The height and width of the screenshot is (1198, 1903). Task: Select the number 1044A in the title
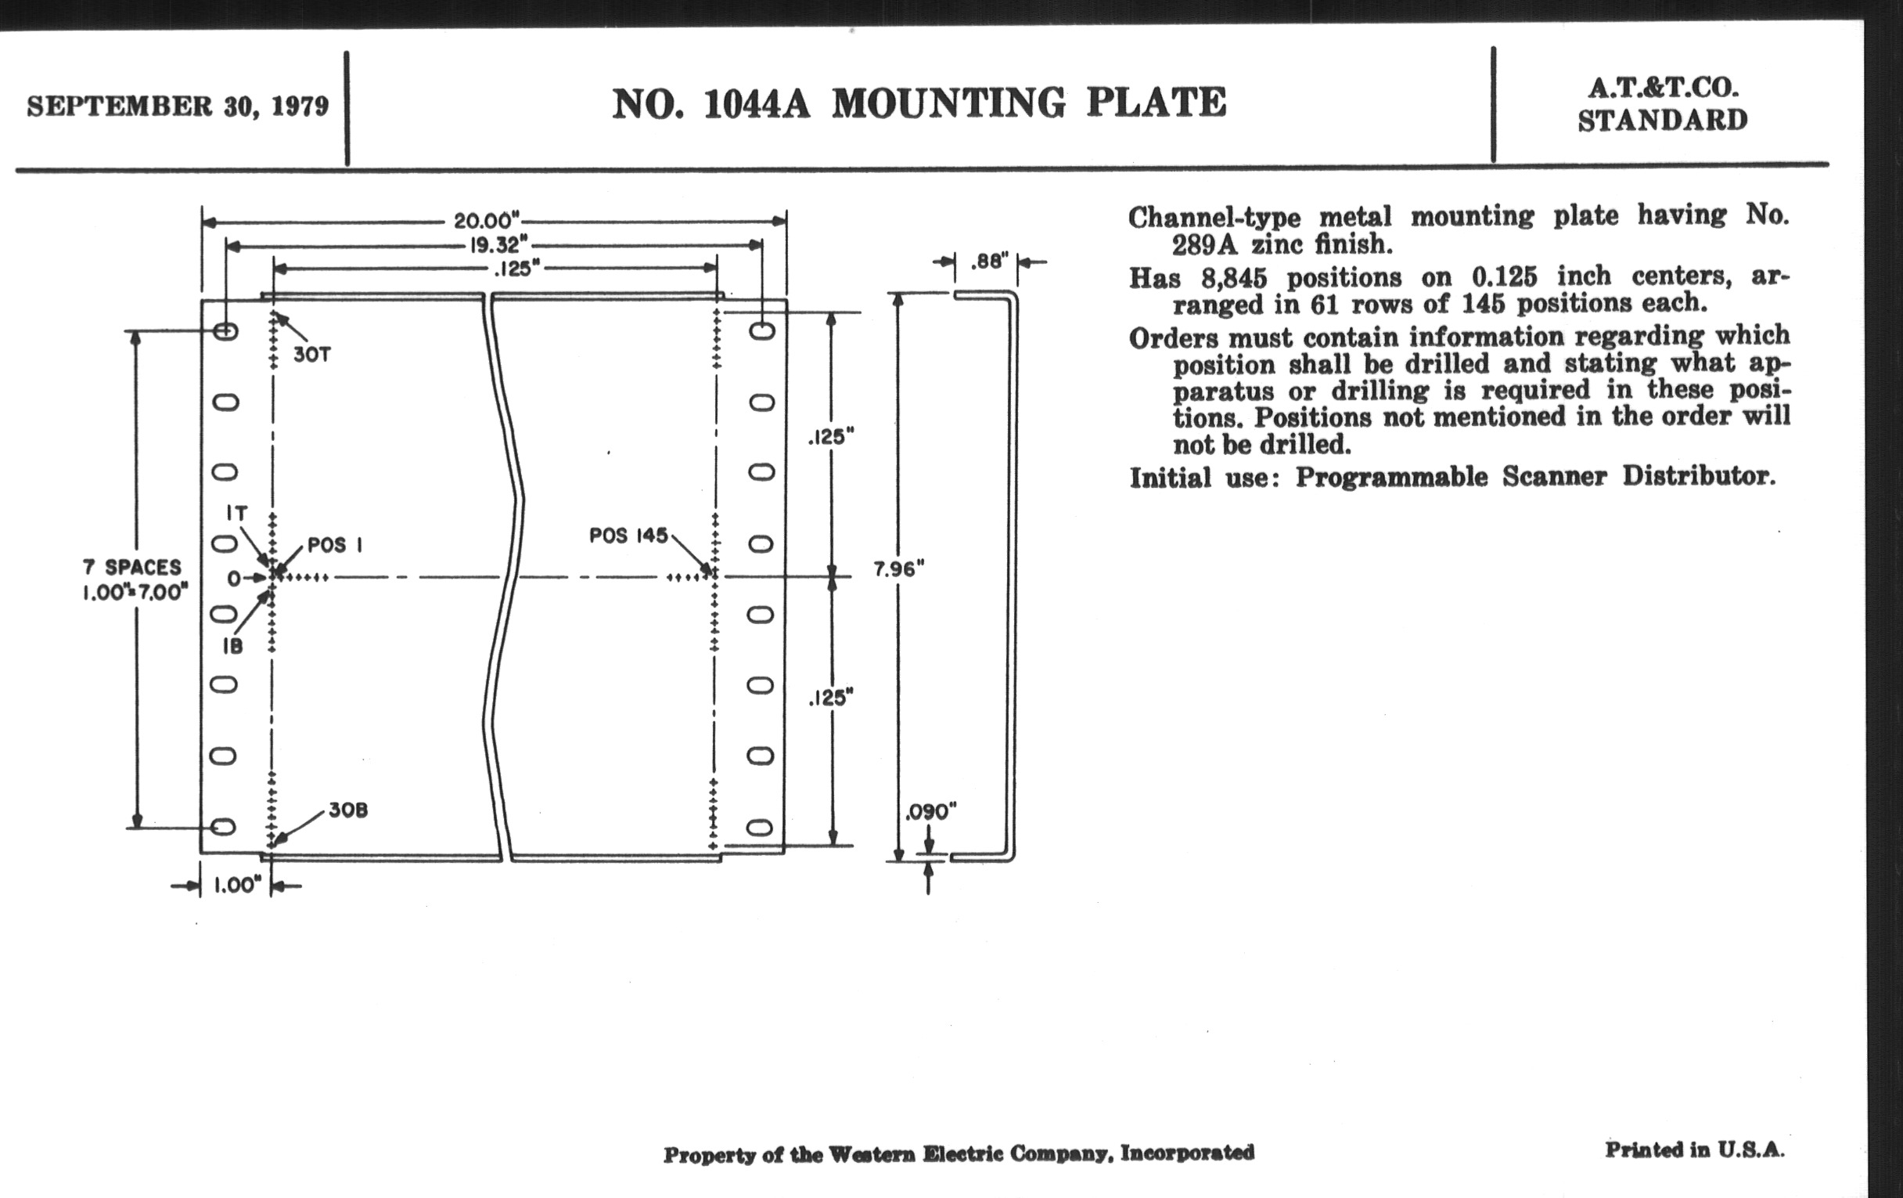[x=757, y=104]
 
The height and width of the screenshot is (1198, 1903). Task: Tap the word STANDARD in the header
[x=1662, y=121]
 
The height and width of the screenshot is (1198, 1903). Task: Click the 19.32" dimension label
[x=498, y=245]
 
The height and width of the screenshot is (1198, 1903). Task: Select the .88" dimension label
[x=989, y=261]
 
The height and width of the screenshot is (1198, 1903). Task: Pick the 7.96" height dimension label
[x=898, y=569]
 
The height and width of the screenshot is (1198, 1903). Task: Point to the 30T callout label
[x=312, y=355]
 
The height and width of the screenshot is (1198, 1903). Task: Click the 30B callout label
[x=347, y=810]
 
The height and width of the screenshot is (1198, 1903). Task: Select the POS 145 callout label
[x=628, y=536]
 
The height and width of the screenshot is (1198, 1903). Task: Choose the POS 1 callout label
[x=334, y=545]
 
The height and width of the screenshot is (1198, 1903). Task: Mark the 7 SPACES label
[x=132, y=567]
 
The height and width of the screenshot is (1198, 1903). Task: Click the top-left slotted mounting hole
[x=225, y=331]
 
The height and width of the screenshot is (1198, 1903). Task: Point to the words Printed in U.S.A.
[x=1693, y=1149]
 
